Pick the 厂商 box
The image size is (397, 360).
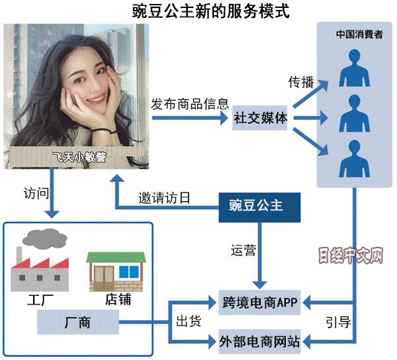coord(77,323)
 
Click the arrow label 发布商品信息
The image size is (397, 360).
coord(190,104)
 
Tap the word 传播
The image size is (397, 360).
coord(299,83)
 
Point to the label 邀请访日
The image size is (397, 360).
coord(164,197)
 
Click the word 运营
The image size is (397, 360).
coord(243,251)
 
